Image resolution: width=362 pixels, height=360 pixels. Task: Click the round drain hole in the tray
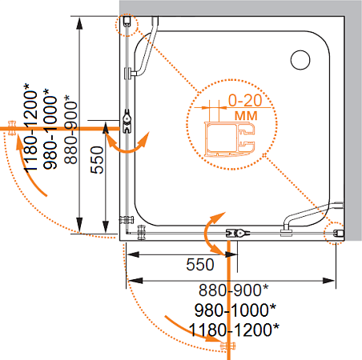(300, 60)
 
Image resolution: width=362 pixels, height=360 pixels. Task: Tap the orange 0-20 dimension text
(245, 100)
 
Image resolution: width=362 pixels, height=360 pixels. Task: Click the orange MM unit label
(246, 116)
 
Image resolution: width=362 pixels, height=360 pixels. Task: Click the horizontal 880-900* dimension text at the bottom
(233, 290)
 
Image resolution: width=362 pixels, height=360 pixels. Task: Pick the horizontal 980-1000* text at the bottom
(235, 310)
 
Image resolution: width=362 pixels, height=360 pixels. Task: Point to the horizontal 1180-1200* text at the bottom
(234, 330)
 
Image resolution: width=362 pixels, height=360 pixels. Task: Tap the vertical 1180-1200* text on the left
(30, 127)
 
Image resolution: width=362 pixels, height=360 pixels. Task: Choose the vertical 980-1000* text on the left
(50, 129)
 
